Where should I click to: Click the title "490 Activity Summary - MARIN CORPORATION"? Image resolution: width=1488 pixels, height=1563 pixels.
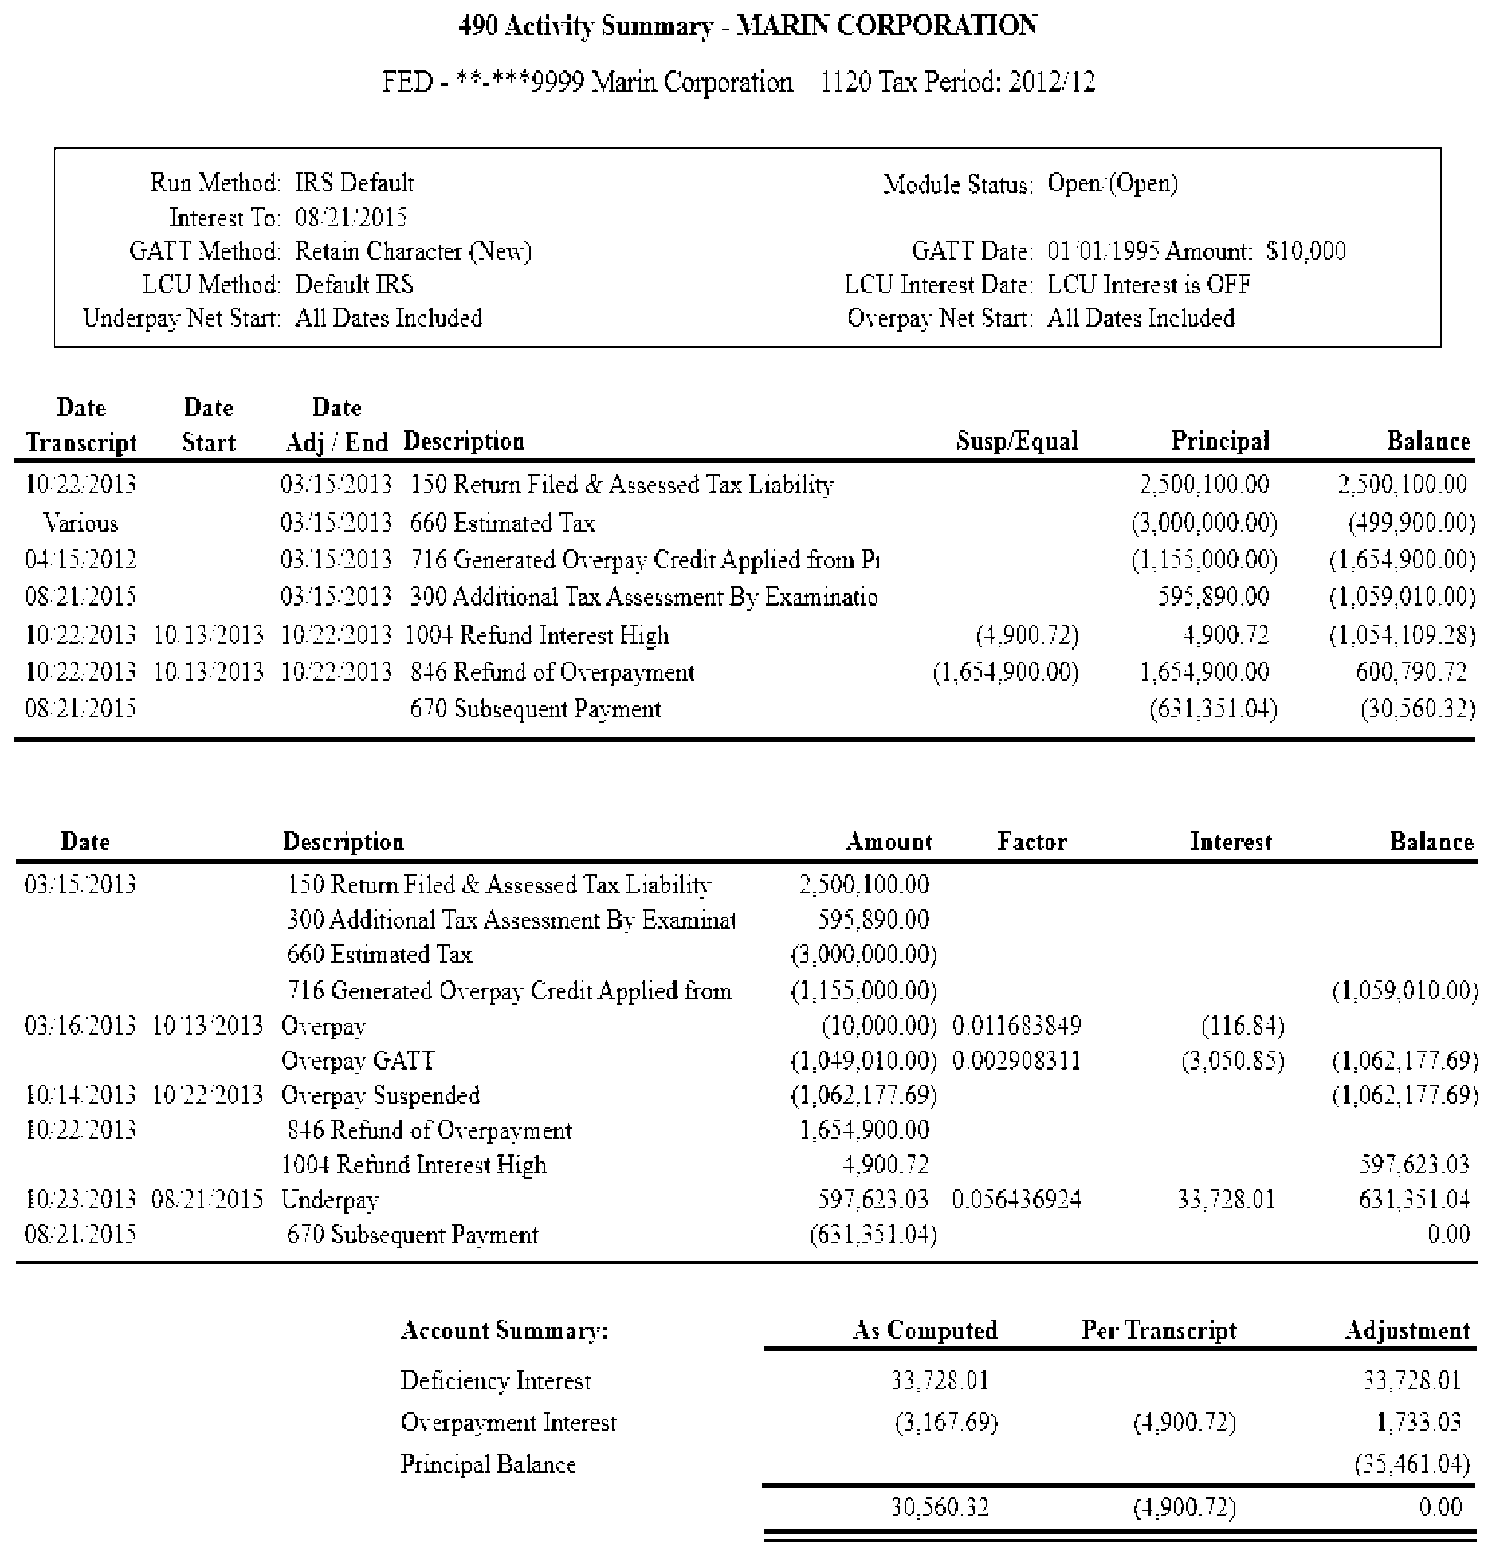point(748,26)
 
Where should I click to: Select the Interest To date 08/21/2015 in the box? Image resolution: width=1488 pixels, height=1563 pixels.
point(351,218)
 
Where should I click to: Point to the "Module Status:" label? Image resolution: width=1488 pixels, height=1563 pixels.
point(957,185)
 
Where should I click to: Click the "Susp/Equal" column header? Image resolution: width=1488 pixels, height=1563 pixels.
point(1016,441)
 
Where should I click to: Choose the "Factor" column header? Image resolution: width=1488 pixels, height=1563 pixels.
point(1031,842)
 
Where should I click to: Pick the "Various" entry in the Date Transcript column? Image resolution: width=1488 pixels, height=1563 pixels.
point(80,524)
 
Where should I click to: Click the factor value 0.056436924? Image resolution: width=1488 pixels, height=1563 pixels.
point(1016,1200)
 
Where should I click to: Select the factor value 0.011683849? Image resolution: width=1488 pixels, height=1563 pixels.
point(1016,1026)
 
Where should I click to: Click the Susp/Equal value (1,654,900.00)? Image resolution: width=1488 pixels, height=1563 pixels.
point(1005,672)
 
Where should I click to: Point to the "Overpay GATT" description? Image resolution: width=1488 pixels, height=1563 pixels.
point(358,1061)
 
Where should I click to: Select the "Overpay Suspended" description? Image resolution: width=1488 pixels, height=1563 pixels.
point(380,1095)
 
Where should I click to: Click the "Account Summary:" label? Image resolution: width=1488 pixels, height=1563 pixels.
point(504,1330)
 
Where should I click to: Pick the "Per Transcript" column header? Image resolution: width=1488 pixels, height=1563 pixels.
point(1158,1330)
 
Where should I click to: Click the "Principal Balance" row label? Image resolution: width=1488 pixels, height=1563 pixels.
point(488,1464)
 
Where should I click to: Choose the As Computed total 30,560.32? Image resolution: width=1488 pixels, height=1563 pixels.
point(939,1507)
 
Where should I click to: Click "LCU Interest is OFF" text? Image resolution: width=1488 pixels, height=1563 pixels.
point(1148,285)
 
